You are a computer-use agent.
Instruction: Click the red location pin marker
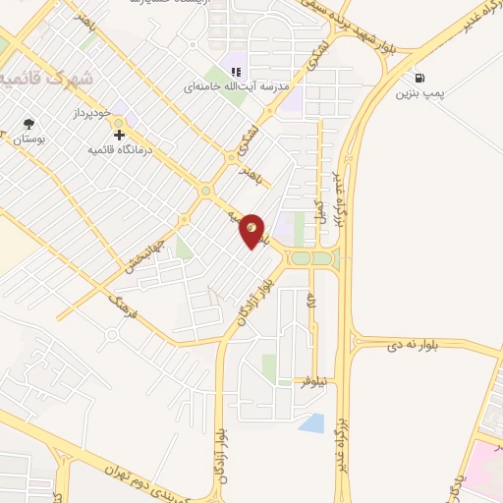pos(252,231)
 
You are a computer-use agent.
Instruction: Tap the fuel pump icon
pos(420,78)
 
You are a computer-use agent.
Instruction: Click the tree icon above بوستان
pos(28,125)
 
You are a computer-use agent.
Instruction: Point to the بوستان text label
pos(28,140)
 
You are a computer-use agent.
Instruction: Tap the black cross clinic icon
pos(120,135)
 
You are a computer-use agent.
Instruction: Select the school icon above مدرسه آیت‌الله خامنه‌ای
pos(236,71)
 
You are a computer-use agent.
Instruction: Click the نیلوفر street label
pos(312,380)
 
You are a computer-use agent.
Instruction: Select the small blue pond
pos(311,423)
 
